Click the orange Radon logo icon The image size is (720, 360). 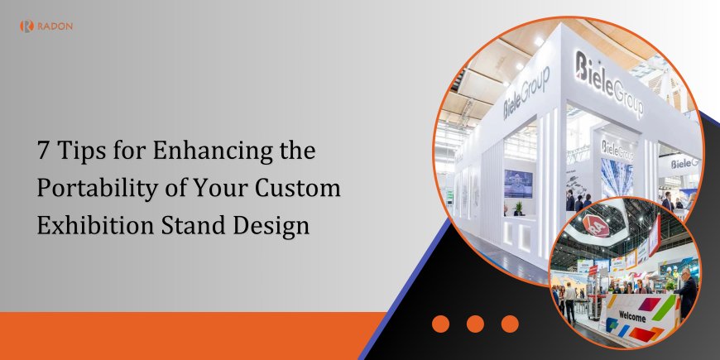pyautogui.click(x=26, y=26)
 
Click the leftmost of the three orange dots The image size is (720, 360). pyautogui.click(x=440, y=324)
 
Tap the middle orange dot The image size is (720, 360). pyautogui.click(x=475, y=324)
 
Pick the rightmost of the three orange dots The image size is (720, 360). pyautogui.click(x=510, y=324)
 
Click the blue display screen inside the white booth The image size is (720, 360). pyautogui.click(x=518, y=183)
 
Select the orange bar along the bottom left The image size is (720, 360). pyautogui.click(x=190, y=335)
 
